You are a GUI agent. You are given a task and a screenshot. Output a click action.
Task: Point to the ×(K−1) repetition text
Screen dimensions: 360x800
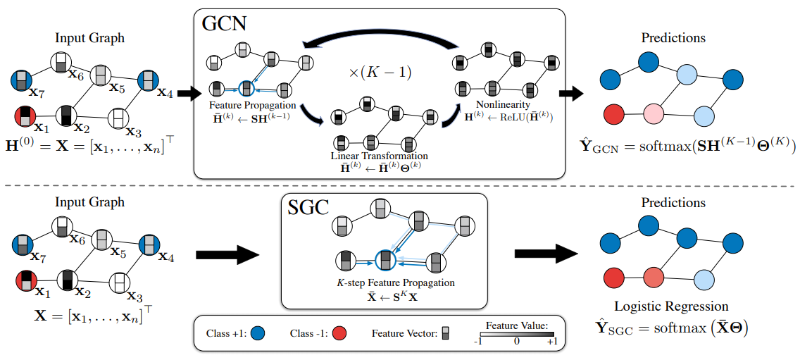point(380,71)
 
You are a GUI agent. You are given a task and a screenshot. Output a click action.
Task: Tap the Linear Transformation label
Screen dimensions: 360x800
point(380,155)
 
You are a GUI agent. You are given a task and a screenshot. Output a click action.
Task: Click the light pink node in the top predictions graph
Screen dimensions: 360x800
point(653,113)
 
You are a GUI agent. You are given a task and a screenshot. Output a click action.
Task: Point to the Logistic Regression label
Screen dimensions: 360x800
point(671,306)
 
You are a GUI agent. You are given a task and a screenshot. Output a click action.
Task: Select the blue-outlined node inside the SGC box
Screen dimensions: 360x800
point(385,260)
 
